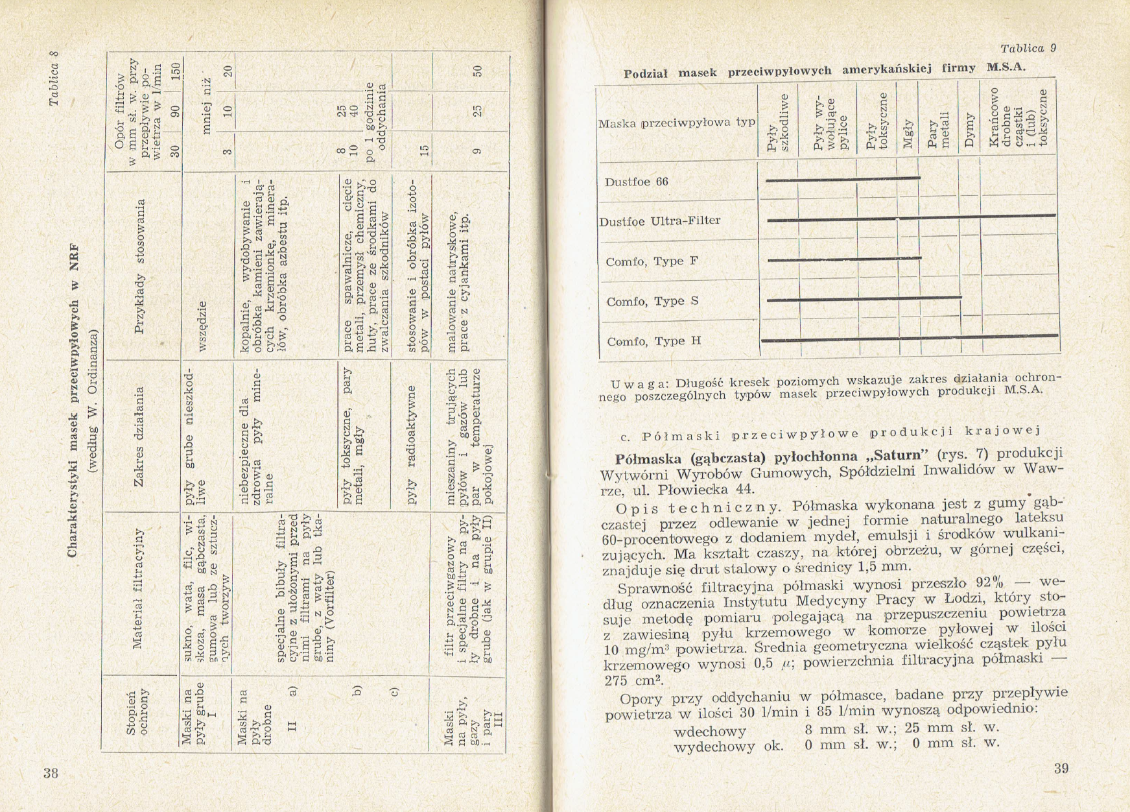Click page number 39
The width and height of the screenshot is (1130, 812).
pyautogui.click(x=1061, y=769)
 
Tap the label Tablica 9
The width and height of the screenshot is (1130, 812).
pyautogui.click(x=1028, y=49)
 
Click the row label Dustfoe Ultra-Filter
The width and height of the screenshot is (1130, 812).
pyautogui.click(x=659, y=221)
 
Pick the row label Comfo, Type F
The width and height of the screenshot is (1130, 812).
pyautogui.click(x=652, y=261)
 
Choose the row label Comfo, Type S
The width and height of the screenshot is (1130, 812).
pyautogui.click(x=652, y=302)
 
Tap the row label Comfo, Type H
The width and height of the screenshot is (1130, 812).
pyautogui.click(x=653, y=341)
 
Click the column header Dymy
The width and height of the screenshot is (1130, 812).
pyautogui.click(x=969, y=123)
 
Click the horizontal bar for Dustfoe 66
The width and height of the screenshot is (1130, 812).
pyautogui.click(x=843, y=178)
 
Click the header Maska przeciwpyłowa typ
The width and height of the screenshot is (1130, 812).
pyautogui.click(x=676, y=122)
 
